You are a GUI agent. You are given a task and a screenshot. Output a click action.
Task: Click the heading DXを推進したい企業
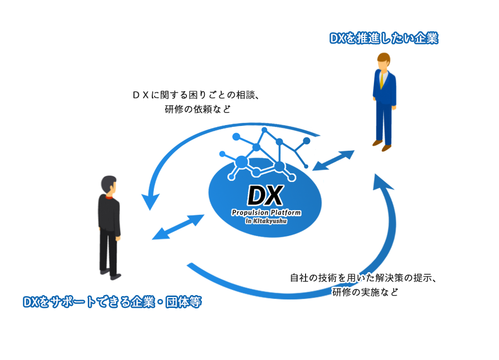[x=384, y=39]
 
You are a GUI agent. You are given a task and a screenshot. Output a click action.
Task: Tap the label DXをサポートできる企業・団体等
[x=112, y=301]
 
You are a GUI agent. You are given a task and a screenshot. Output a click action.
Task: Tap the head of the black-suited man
[x=109, y=185]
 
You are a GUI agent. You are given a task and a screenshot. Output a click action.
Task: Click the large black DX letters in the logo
[x=265, y=196]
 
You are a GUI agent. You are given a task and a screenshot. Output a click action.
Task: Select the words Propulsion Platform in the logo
[x=266, y=213]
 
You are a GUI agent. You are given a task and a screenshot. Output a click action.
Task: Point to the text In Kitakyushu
[x=266, y=221]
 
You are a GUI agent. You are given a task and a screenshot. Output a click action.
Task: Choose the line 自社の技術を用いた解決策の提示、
[x=363, y=278]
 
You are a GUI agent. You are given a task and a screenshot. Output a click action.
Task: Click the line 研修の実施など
[x=365, y=293]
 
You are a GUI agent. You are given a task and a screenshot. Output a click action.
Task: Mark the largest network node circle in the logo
[x=242, y=162]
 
